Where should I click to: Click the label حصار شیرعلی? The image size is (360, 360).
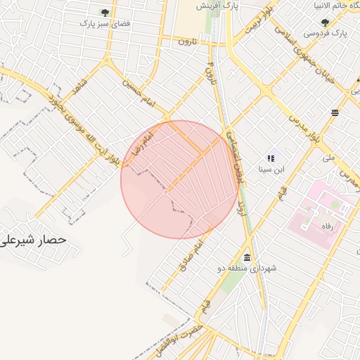coord(33,239)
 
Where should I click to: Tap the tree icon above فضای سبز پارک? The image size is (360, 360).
coord(105,13)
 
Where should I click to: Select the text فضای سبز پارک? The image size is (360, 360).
coord(105,23)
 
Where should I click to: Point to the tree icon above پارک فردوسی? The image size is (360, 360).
coord(325,22)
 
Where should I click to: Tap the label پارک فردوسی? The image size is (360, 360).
coord(326,33)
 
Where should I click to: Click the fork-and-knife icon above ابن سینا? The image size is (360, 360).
coord(271,158)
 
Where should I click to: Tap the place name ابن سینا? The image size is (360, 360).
coord(271,169)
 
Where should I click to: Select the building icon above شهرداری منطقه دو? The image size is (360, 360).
coord(247,257)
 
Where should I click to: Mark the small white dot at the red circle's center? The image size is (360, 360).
coord(166,191)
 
